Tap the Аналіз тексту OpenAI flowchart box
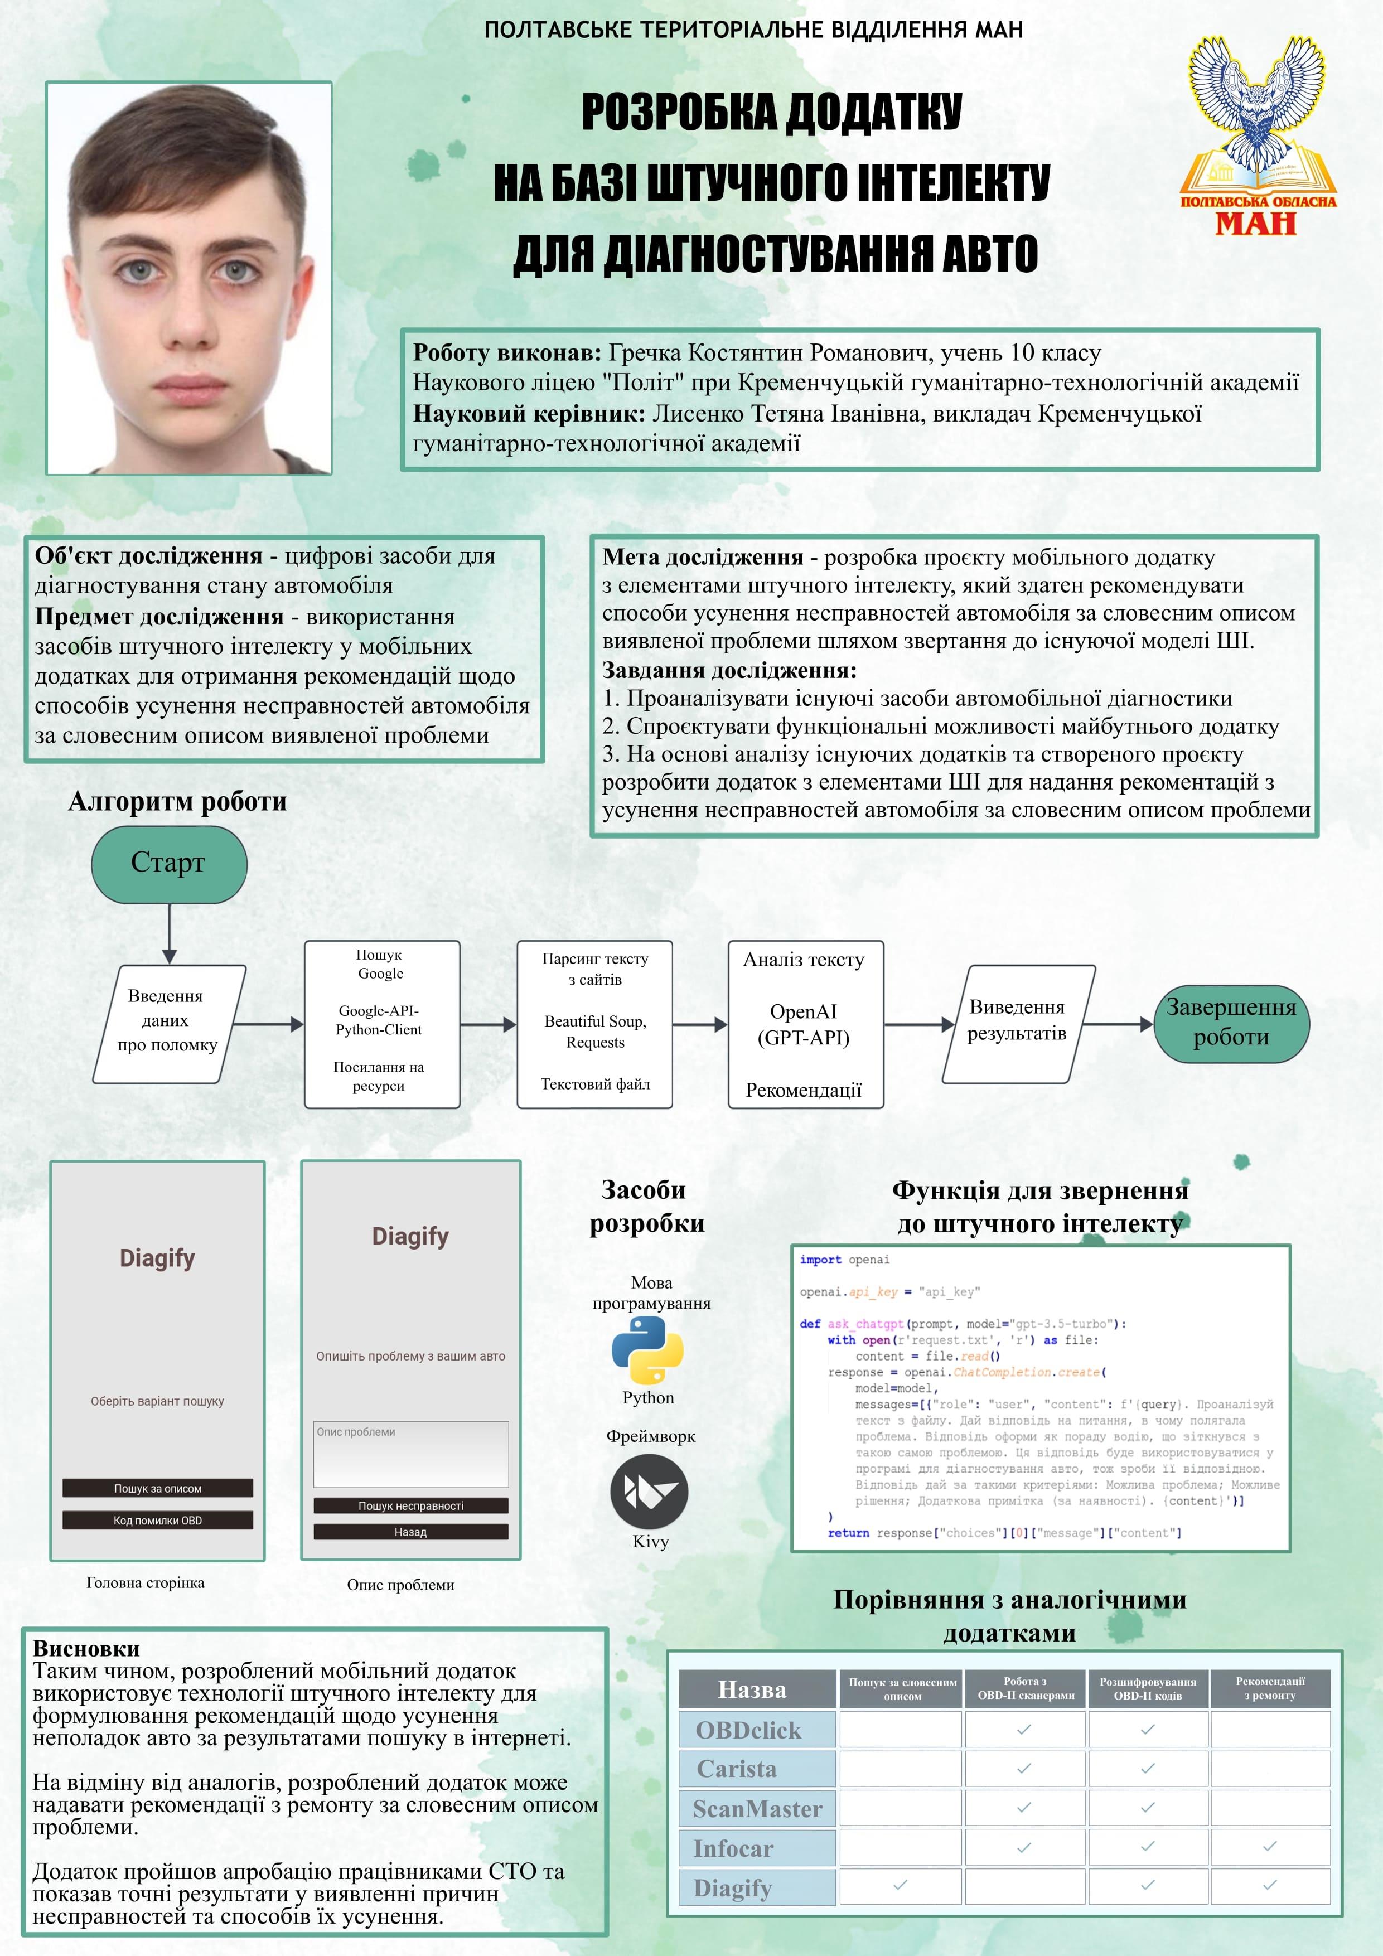point(805,1024)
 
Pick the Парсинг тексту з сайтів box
point(595,1024)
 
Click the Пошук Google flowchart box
point(382,1024)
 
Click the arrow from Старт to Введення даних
point(170,934)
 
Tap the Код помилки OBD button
point(158,1521)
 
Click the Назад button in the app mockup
point(411,1532)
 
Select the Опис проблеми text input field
point(411,1454)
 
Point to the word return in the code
point(849,1533)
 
